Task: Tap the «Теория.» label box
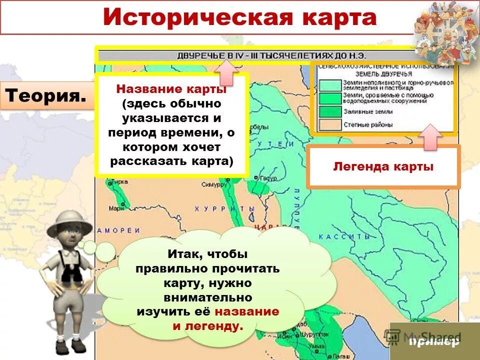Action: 44,95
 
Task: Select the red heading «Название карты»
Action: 171,89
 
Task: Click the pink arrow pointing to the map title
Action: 228,72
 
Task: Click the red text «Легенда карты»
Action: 383,167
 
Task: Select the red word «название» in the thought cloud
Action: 246,311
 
